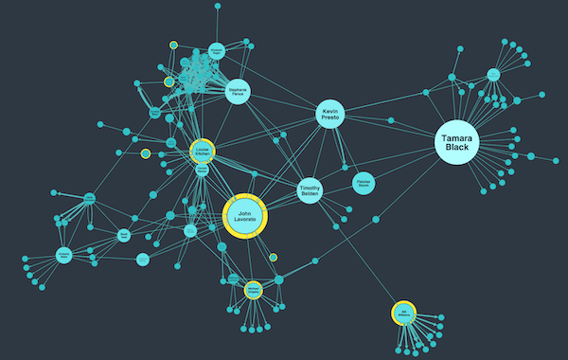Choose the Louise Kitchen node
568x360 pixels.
[x=201, y=151]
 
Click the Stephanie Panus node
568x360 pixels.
[x=238, y=92]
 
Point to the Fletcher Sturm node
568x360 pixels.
[x=363, y=182]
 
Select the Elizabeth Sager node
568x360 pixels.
[x=217, y=53]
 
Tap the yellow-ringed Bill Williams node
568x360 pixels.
[x=403, y=313]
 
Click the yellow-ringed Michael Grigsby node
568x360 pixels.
[x=253, y=290]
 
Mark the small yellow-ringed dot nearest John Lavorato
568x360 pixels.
[x=273, y=257]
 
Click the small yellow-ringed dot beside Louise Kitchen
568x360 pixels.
[x=146, y=153]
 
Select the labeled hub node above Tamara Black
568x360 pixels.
[x=493, y=74]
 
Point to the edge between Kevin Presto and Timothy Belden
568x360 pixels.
[x=321, y=152]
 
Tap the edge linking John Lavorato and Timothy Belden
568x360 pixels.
[x=280, y=202]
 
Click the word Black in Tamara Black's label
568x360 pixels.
[x=457, y=148]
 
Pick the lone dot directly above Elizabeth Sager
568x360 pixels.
[x=218, y=7]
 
